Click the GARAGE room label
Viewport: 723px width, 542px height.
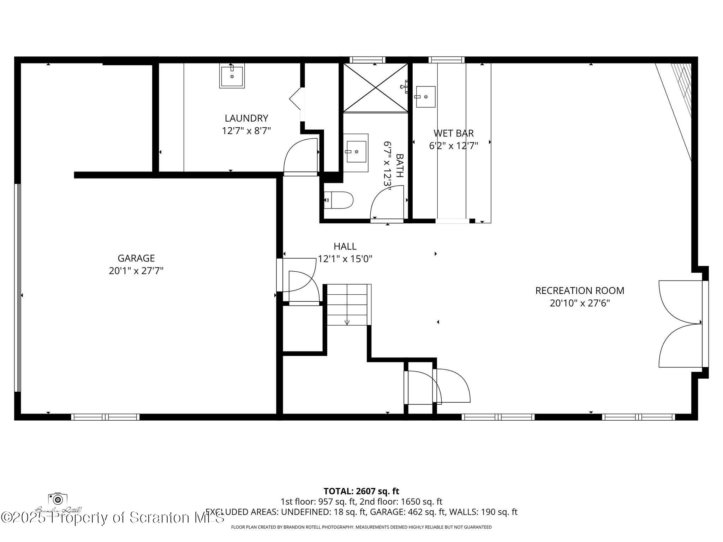tap(136, 258)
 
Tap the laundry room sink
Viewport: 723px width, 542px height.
tap(232, 76)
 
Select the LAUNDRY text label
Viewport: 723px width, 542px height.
tap(246, 118)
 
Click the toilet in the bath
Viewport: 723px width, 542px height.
tap(339, 200)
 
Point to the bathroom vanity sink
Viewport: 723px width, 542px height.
tap(356, 152)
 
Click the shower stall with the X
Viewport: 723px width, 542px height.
tap(376, 88)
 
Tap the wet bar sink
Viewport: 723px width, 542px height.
tap(425, 96)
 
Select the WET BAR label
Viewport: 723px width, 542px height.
tap(453, 133)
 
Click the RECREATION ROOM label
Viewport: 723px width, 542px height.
tap(580, 290)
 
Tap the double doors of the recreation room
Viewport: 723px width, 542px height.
tap(680, 324)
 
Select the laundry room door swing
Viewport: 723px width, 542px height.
tap(301, 156)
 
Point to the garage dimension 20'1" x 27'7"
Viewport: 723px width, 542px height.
tap(136, 271)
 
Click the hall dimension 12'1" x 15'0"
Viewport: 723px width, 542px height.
tap(345, 259)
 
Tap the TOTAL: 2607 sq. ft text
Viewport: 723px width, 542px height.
tap(361, 491)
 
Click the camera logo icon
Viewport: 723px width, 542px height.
tap(58, 499)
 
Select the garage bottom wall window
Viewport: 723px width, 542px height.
tap(105, 417)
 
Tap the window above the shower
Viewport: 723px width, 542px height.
tap(367, 60)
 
